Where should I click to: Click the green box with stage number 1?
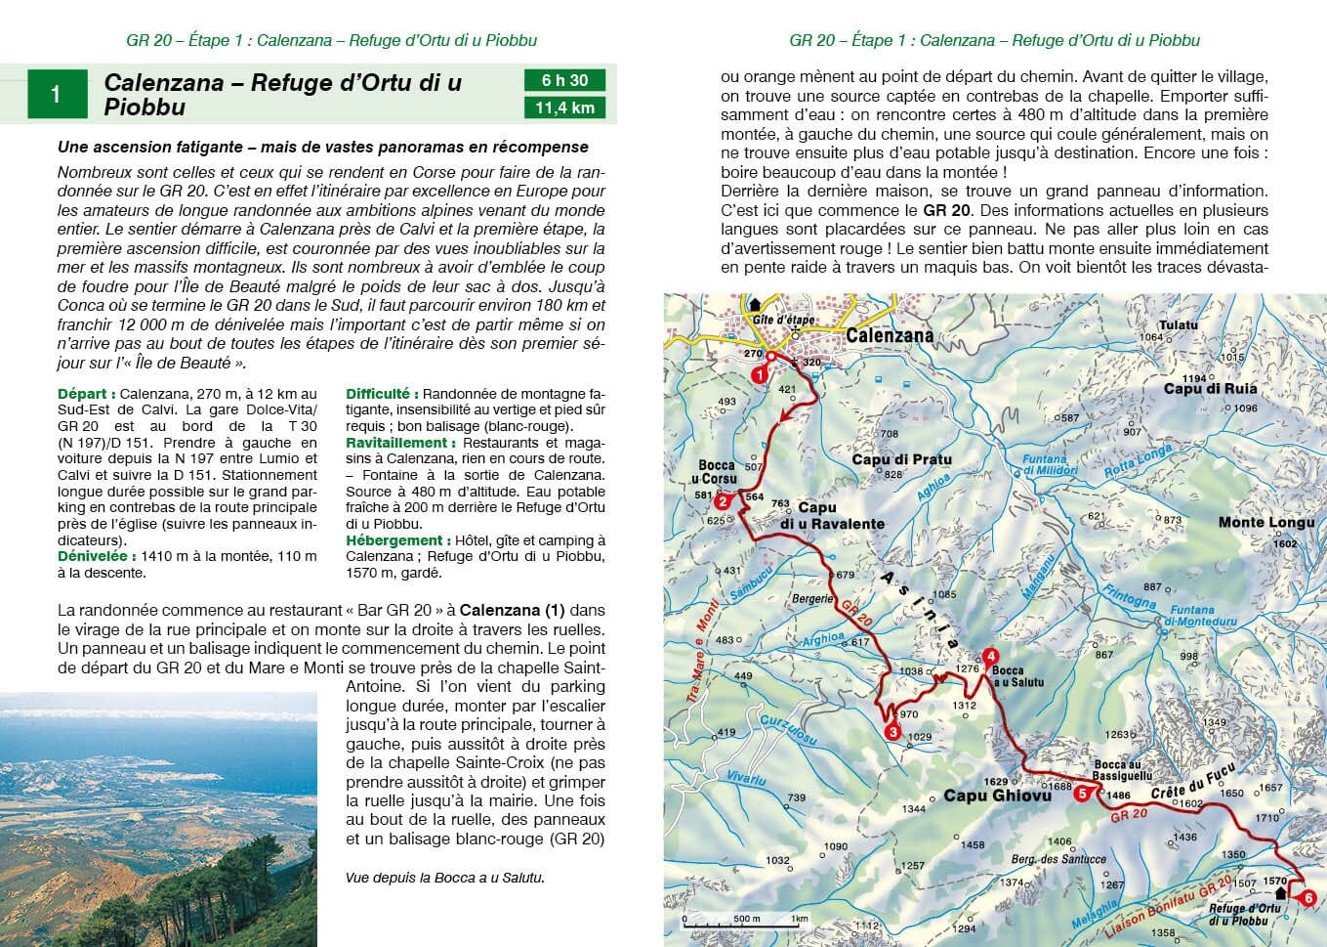point(57,94)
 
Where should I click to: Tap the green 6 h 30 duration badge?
point(564,80)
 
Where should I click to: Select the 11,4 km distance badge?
point(564,108)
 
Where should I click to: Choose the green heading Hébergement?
point(394,540)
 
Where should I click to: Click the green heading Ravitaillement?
point(400,443)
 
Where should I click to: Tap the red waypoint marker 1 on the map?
point(758,374)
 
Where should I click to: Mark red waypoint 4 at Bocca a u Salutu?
point(990,656)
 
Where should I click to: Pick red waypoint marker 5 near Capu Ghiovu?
point(1082,795)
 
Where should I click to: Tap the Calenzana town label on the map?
point(889,335)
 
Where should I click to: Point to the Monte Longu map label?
point(1265,523)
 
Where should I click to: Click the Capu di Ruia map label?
point(1210,389)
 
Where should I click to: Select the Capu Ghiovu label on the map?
point(997,796)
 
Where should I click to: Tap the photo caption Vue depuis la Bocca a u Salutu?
point(444,878)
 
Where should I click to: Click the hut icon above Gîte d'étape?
point(755,304)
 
